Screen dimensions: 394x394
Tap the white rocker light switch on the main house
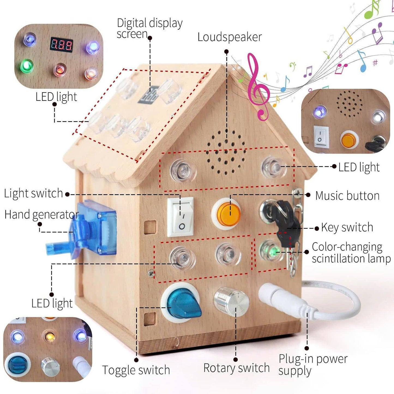click(181, 217)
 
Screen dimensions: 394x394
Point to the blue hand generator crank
click(82, 232)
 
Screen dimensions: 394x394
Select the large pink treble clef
click(258, 87)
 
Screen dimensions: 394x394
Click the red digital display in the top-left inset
click(62, 44)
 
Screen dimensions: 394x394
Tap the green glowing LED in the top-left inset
click(26, 66)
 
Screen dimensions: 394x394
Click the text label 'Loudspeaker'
click(230, 37)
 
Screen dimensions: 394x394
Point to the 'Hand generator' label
click(41, 215)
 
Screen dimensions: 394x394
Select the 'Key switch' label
click(347, 227)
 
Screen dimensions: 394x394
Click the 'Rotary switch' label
click(236, 368)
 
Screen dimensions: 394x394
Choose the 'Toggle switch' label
click(136, 370)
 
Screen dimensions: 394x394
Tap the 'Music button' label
click(347, 196)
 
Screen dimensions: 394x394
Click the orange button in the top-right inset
click(349, 139)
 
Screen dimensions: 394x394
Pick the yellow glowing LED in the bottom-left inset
click(50, 337)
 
